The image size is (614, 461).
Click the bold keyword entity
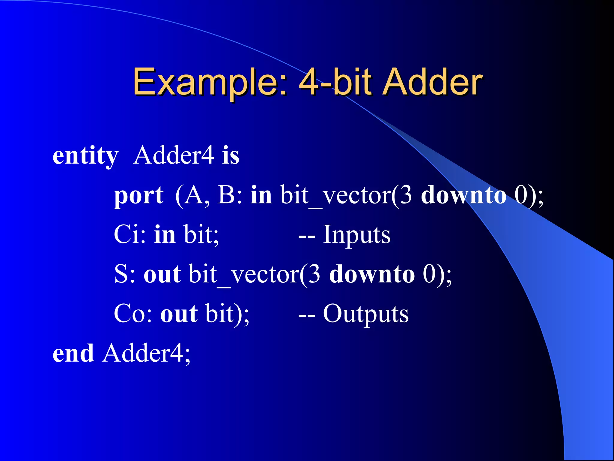click(x=85, y=156)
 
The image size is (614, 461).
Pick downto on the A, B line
click(x=463, y=195)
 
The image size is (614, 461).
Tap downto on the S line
click(x=372, y=274)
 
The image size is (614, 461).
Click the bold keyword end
click(x=73, y=354)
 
